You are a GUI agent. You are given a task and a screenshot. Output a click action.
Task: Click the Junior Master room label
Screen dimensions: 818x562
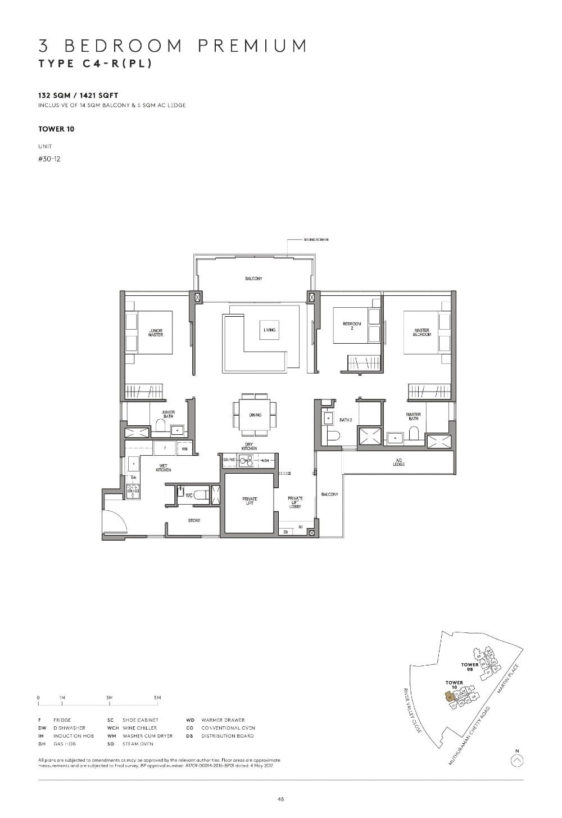point(156,332)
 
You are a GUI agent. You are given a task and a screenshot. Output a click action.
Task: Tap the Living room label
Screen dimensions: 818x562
point(269,330)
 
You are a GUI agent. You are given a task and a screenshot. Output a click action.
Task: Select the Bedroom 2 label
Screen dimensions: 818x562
point(351,325)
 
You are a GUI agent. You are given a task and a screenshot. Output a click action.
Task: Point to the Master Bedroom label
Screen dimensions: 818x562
point(422,332)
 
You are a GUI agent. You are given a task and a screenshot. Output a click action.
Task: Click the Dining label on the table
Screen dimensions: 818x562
point(255,415)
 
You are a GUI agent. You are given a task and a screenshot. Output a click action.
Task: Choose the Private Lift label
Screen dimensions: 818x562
point(250,501)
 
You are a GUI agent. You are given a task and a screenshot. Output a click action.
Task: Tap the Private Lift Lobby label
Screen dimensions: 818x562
point(295,502)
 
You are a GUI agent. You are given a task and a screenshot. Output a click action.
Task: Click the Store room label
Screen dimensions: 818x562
point(194,520)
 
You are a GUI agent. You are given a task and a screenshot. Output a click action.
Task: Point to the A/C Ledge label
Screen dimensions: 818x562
point(398,462)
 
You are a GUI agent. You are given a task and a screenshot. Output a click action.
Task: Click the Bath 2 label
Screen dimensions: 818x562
point(346,420)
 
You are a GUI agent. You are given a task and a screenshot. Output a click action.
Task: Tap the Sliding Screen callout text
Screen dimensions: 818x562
point(316,240)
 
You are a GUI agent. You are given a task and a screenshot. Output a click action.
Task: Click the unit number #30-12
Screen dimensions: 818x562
point(49,159)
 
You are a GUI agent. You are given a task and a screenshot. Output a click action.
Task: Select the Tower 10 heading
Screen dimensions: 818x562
point(56,129)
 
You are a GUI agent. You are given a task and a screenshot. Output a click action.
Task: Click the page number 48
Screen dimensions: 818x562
point(280,799)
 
